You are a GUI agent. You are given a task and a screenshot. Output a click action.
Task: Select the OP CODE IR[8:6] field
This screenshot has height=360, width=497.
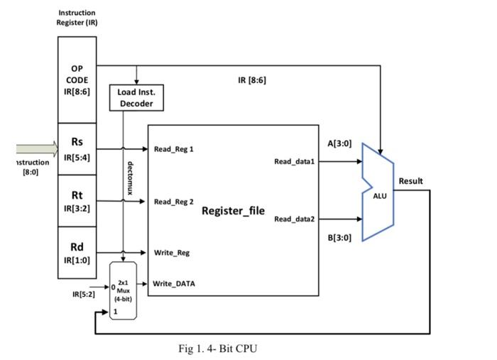pos(77,80)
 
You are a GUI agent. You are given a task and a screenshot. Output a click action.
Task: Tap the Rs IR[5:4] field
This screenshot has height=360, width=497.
pos(77,148)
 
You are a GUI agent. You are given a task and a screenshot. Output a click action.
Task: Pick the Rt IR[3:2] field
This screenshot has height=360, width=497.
pos(77,201)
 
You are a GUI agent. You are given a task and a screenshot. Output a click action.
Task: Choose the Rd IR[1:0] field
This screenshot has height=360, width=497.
pos(77,253)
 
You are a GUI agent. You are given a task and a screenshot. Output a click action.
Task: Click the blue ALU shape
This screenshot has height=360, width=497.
pos(378,192)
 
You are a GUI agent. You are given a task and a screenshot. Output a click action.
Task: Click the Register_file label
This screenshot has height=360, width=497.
pos(233,211)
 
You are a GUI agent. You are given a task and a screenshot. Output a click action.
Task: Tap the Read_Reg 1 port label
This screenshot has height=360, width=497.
pos(173,149)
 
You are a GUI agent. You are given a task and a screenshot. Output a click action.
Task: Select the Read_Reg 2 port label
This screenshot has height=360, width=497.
pos(173,202)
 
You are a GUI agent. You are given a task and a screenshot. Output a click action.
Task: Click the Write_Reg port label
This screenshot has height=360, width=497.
pos(171,253)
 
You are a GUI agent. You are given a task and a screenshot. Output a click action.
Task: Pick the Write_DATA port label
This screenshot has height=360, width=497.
pos(173,284)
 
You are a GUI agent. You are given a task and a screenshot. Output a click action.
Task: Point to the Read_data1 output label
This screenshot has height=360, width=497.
pos(294,162)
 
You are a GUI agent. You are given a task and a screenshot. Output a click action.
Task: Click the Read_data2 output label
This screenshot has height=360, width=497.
pos(294,219)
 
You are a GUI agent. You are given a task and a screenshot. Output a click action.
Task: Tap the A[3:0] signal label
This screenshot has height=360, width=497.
pos(339,143)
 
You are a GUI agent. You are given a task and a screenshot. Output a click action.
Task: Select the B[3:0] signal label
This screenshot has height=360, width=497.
pos(339,238)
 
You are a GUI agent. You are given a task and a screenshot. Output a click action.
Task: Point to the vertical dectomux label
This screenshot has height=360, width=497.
pos(130,178)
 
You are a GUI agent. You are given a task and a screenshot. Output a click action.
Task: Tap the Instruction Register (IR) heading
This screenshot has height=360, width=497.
pos(77,17)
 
